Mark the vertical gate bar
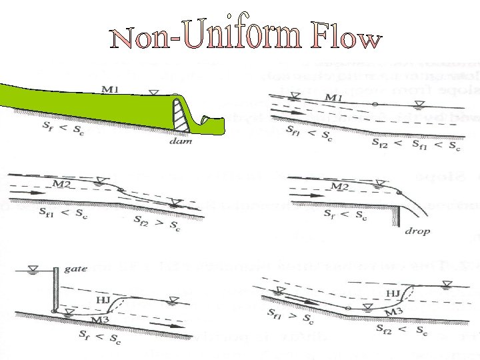click(x=55, y=290)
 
